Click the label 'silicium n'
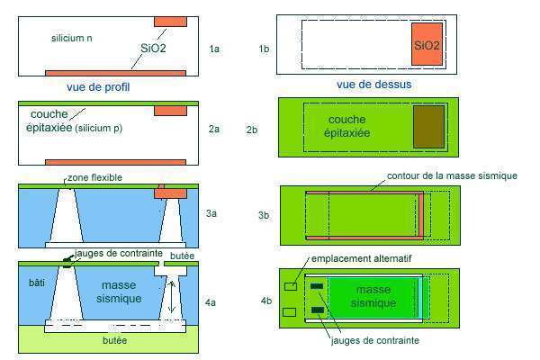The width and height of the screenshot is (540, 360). (72, 38)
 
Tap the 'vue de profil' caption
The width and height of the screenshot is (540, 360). (98, 87)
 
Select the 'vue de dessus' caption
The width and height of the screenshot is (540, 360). (374, 85)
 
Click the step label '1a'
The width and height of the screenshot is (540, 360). (214, 49)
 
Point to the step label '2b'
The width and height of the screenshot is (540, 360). (252, 130)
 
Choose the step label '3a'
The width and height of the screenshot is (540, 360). (211, 213)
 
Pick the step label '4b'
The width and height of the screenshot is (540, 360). (266, 301)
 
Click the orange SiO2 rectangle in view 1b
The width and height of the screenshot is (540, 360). (427, 44)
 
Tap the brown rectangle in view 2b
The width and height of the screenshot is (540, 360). (428, 127)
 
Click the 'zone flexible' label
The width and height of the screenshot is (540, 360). (94, 178)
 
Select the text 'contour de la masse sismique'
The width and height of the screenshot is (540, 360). (452, 175)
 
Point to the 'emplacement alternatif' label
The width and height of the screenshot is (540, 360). (361, 258)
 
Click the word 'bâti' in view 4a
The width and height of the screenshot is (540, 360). (37, 283)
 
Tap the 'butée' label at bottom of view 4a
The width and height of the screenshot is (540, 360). (114, 340)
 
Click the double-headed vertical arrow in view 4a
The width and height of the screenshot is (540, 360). (173, 297)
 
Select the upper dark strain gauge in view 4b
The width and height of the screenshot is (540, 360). (317, 286)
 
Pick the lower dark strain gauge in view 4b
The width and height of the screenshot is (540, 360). (318, 310)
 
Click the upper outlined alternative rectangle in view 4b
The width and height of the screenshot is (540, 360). (291, 286)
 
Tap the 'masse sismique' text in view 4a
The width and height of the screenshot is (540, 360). (119, 292)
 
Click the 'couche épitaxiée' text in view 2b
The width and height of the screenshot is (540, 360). (346, 126)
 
